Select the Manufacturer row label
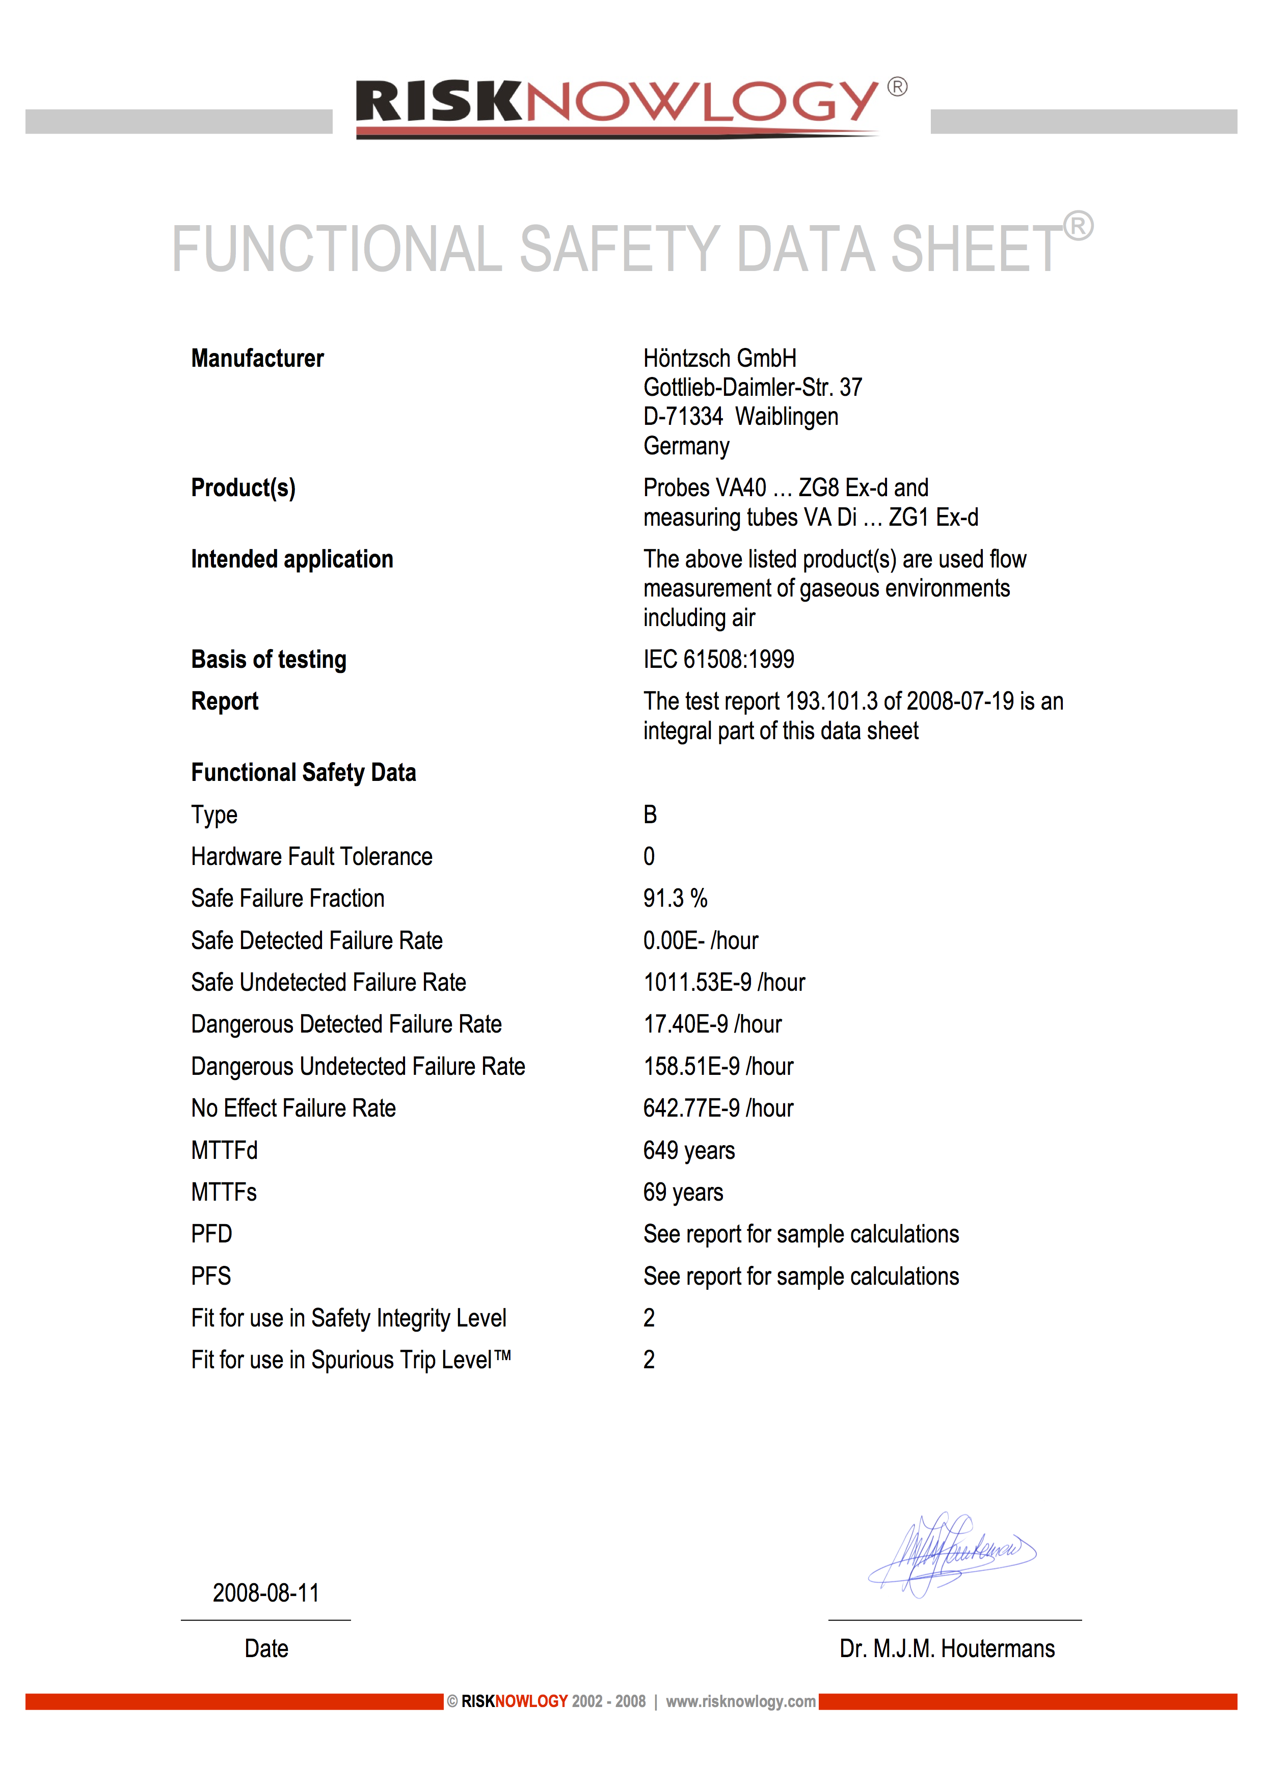258,359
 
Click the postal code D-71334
683,417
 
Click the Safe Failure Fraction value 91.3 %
675,899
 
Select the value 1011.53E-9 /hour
723,983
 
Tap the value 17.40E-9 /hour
712,1025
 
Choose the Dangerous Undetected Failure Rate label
358,1067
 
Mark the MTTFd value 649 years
689,1151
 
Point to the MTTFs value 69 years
683,1193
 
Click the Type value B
650,815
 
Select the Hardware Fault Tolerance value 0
649,857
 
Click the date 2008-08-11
266,1593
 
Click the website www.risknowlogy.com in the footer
740,1701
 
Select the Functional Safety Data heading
304,773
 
